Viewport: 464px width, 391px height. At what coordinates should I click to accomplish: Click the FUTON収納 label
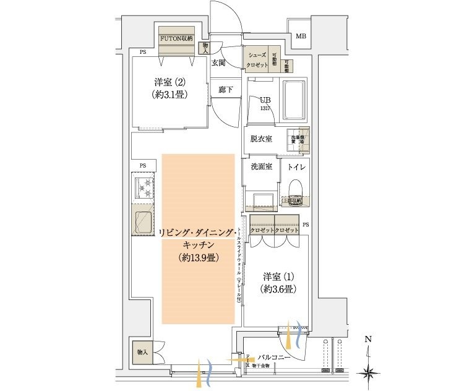(176, 37)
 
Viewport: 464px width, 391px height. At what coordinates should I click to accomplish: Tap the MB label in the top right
(300, 37)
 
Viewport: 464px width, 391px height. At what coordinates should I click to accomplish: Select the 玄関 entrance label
(218, 62)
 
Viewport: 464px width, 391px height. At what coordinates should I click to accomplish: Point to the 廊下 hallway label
(226, 90)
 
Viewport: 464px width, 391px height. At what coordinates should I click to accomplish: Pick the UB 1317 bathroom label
(265, 102)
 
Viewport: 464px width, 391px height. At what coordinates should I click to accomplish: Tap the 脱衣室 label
(261, 139)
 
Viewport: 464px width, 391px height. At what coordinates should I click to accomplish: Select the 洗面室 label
(261, 166)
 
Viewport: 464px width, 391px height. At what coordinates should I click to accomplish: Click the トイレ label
(295, 166)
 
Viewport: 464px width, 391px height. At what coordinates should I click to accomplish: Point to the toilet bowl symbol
(294, 189)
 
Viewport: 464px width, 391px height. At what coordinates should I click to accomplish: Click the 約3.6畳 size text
(277, 288)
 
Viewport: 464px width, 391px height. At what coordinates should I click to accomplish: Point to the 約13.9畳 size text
(198, 258)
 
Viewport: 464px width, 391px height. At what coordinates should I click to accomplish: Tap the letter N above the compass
(367, 339)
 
